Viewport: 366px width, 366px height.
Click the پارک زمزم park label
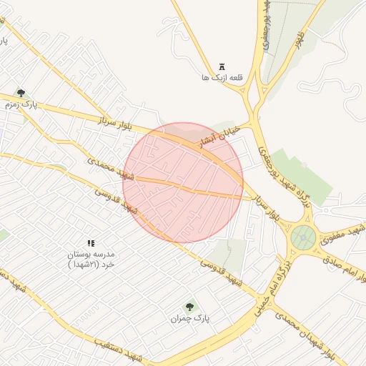(x=20, y=104)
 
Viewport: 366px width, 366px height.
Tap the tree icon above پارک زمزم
(x=21, y=92)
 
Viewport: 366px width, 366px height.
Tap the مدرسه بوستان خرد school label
(x=91, y=259)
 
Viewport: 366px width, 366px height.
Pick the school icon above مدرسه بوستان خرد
(x=90, y=244)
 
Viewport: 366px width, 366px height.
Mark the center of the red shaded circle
(x=183, y=183)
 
